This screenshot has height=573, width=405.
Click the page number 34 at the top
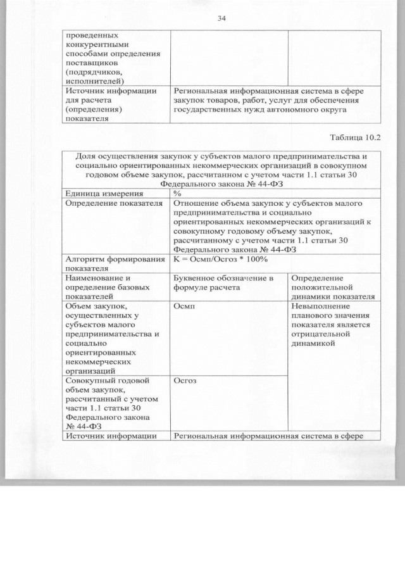pyautogui.click(x=221, y=18)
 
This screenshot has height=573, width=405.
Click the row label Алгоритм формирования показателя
pyautogui.click(x=111, y=263)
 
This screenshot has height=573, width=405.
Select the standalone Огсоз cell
pyautogui.click(x=185, y=381)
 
